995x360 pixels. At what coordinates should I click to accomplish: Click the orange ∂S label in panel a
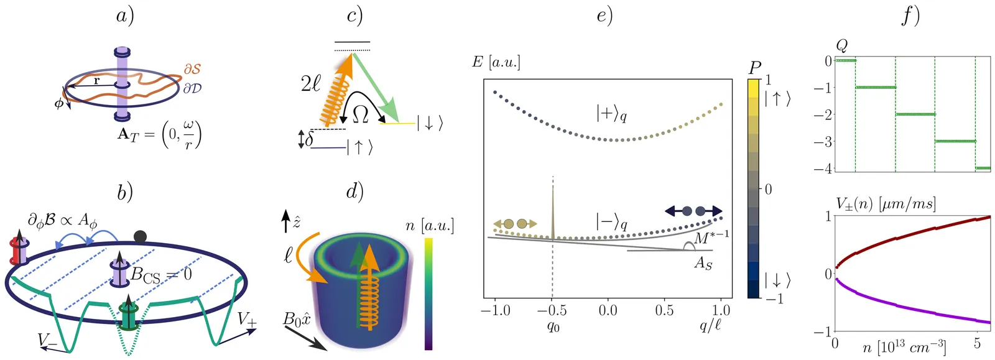tap(192, 69)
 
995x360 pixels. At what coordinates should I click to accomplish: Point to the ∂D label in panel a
tap(192, 88)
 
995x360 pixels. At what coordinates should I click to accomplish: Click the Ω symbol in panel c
tap(360, 114)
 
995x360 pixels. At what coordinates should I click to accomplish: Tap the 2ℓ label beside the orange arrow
tap(311, 83)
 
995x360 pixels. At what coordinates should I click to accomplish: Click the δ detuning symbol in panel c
tap(309, 139)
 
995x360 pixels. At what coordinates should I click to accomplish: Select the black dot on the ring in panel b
tap(140, 236)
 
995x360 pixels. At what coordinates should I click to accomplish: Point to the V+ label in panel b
tap(247, 320)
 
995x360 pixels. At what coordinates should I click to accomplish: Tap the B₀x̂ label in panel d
tap(297, 320)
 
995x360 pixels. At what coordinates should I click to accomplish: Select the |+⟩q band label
tap(611, 114)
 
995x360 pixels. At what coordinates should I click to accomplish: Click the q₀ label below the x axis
tap(552, 326)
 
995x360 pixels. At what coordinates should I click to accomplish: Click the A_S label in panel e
tap(703, 263)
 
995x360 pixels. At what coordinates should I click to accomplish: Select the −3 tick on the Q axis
tap(823, 142)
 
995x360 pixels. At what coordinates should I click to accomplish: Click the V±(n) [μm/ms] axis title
tap(886, 204)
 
